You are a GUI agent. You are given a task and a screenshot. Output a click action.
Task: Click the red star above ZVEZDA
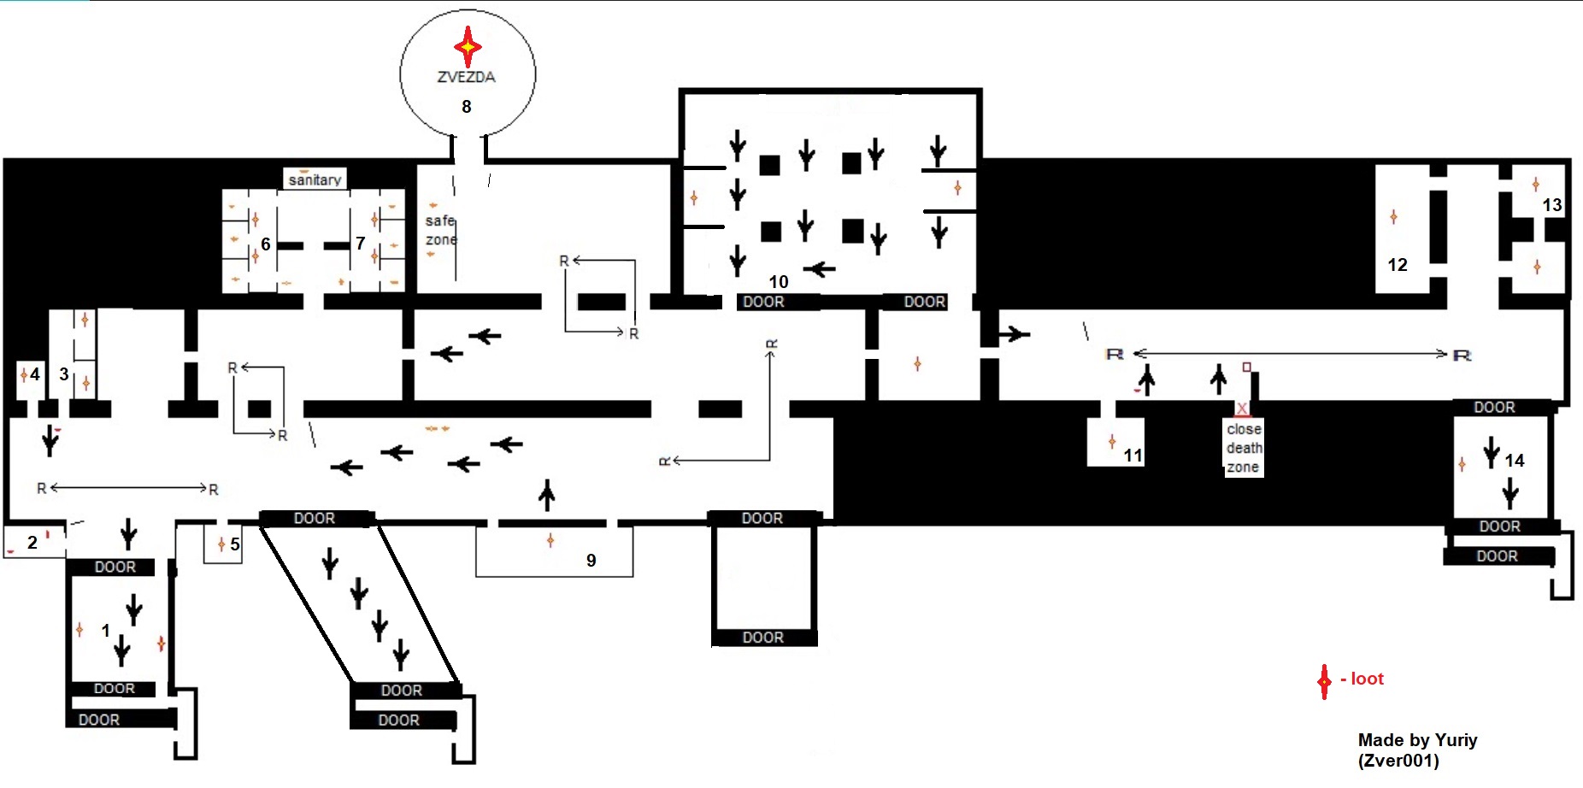[468, 46]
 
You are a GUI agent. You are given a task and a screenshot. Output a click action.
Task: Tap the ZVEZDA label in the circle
[467, 77]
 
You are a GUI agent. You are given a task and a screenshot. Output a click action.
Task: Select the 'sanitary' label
[315, 180]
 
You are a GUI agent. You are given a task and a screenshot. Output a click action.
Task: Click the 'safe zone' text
[441, 230]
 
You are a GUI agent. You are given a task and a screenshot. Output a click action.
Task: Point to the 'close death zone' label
[1244, 448]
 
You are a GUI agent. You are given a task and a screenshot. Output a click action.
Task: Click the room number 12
[1398, 265]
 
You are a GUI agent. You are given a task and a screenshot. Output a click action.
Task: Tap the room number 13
[1552, 205]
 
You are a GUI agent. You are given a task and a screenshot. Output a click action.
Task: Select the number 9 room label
[591, 561]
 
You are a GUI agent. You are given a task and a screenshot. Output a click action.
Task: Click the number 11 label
[1133, 456]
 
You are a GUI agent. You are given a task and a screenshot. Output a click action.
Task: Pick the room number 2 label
[32, 543]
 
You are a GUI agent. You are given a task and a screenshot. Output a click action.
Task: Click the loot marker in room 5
[221, 544]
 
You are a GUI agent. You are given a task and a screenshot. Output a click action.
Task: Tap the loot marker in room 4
[24, 374]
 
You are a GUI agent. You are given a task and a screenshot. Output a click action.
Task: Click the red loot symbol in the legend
[1324, 681]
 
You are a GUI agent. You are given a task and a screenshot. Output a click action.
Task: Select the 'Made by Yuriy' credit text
[1418, 740]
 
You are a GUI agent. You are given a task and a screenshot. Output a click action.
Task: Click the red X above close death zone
[1242, 409]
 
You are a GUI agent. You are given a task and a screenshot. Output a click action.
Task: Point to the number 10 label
[778, 282]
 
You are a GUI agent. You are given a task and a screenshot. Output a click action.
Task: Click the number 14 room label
[1515, 461]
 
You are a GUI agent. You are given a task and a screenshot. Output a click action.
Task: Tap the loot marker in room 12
[1394, 217]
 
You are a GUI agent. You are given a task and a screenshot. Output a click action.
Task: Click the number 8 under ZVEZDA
[467, 107]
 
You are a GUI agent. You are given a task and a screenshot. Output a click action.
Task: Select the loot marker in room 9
[550, 540]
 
